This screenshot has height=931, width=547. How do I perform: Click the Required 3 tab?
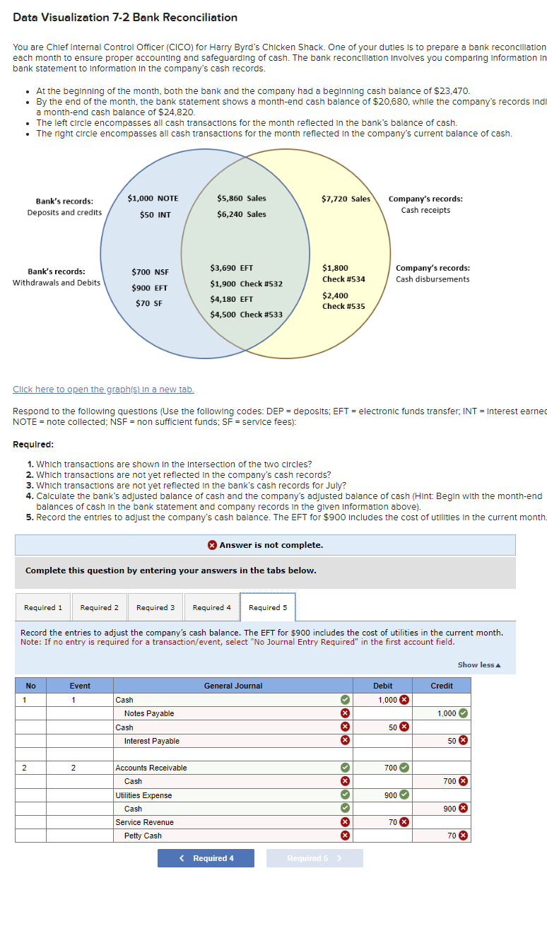point(155,607)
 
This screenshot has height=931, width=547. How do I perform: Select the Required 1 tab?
point(43,607)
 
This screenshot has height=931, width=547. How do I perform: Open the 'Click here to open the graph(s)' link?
point(103,390)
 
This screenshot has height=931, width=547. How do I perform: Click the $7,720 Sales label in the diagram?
point(346,199)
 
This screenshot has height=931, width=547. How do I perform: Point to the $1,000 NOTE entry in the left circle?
point(153,199)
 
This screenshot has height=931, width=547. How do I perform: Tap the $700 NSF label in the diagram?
point(151,271)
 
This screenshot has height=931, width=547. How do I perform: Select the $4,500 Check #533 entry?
point(246,315)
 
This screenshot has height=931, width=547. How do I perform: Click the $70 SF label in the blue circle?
point(149,303)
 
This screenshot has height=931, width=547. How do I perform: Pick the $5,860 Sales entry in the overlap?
point(242,199)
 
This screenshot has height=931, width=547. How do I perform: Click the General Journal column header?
point(233,686)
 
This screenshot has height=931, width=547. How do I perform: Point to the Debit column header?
point(382,686)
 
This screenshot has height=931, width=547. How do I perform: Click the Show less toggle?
point(478,664)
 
